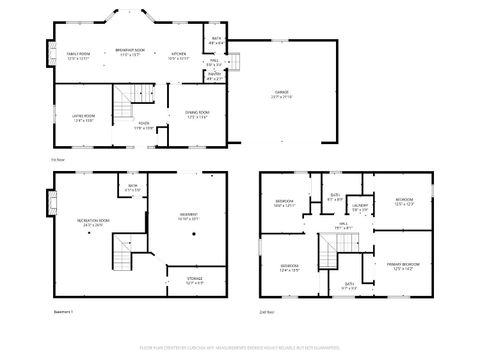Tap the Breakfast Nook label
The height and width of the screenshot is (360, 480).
click(130, 50)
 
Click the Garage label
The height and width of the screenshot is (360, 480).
click(281, 93)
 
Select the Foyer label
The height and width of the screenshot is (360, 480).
click(145, 125)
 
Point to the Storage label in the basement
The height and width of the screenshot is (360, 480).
click(194, 279)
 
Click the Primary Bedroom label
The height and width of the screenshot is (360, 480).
click(403, 264)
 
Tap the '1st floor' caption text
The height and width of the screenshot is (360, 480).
click(58, 158)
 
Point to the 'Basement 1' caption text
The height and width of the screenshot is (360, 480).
click(64, 311)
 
